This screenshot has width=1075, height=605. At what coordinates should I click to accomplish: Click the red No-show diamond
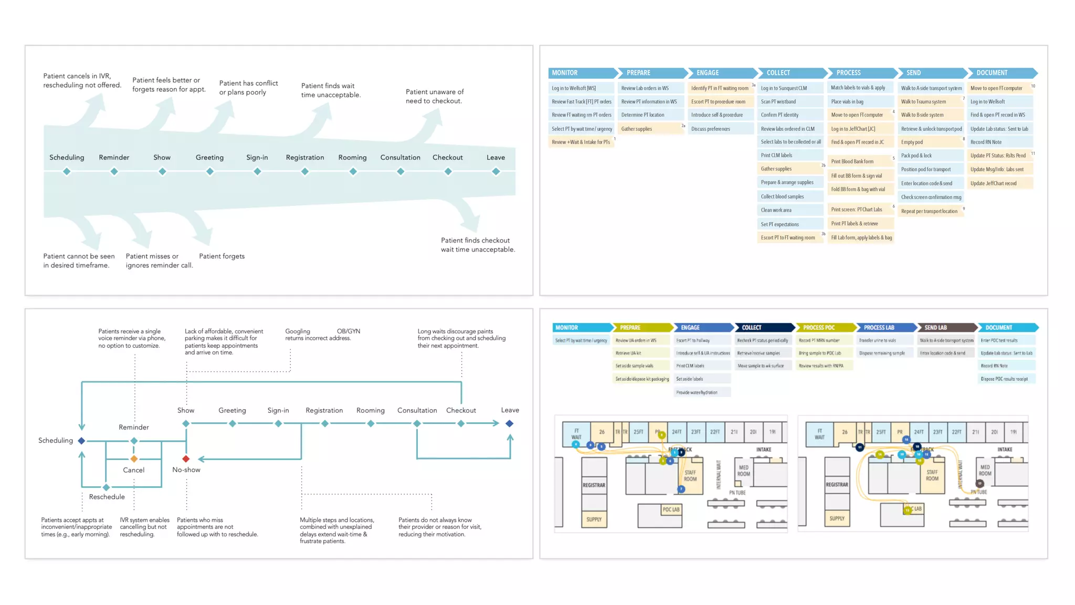(x=186, y=458)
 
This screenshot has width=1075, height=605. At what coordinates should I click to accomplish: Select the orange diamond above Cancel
(x=134, y=458)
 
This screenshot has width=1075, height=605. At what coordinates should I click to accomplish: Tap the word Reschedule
(x=107, y=497)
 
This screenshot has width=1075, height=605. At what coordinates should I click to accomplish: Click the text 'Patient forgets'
(x=222, y=256)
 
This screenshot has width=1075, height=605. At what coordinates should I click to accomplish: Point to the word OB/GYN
(x=349, y=331)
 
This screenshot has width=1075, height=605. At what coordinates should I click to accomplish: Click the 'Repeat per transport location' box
(x=930, y=211)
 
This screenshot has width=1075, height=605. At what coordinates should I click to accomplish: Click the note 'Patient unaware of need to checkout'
(x=435, y=96)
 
